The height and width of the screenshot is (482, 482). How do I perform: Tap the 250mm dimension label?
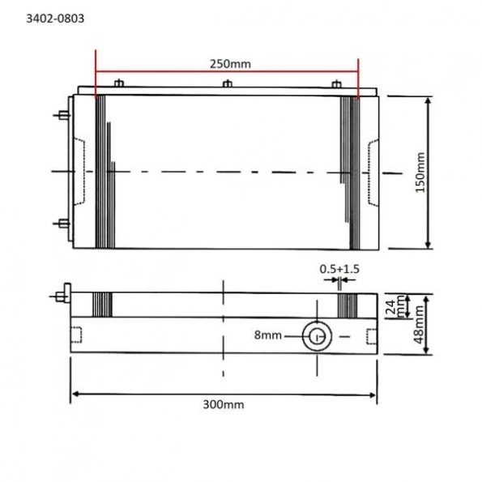tap(226, 63)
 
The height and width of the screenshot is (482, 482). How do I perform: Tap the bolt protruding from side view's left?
tap(61, 294)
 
